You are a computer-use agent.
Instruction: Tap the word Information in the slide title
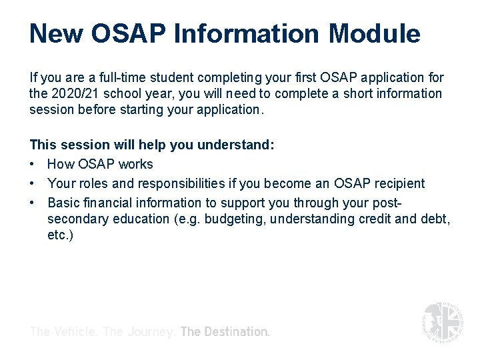241,33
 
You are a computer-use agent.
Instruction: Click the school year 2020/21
79,94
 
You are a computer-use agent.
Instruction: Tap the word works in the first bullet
136,164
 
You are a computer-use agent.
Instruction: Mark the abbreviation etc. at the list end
60,235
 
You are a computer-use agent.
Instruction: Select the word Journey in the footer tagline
151,331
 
